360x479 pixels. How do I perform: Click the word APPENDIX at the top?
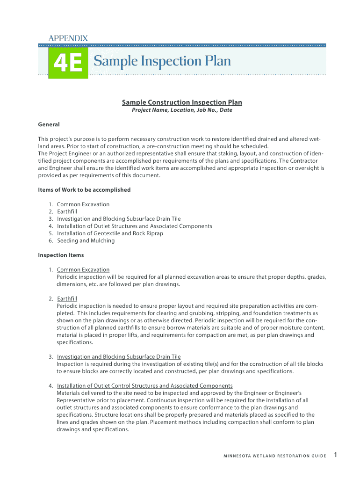click(68, 38)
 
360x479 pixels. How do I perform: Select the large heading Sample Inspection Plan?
click(162, 61)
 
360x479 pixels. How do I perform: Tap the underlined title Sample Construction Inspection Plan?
click(182, 102)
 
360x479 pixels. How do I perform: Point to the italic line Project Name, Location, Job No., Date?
click(182, 110)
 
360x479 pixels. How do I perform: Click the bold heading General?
click(49, 124)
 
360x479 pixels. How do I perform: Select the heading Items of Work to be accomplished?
click(84, 190)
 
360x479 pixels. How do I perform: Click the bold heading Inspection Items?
click(61, 255)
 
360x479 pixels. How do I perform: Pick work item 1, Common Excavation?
click(83, 204)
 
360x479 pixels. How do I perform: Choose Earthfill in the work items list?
click(67, 211)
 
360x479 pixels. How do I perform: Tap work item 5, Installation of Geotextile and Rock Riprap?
click(110, 233)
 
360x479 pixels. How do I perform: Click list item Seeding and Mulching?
click(86, 241)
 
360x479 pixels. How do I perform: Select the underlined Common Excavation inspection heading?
click(83, 270)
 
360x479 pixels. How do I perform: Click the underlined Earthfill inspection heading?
click(67, 298)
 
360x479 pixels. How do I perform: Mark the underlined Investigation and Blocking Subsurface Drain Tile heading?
click(119, 357)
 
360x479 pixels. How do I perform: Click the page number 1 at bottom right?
click(336, 455)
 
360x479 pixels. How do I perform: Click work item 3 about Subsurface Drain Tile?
click(119, 219)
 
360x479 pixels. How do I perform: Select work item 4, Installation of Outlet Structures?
click(135, 226)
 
